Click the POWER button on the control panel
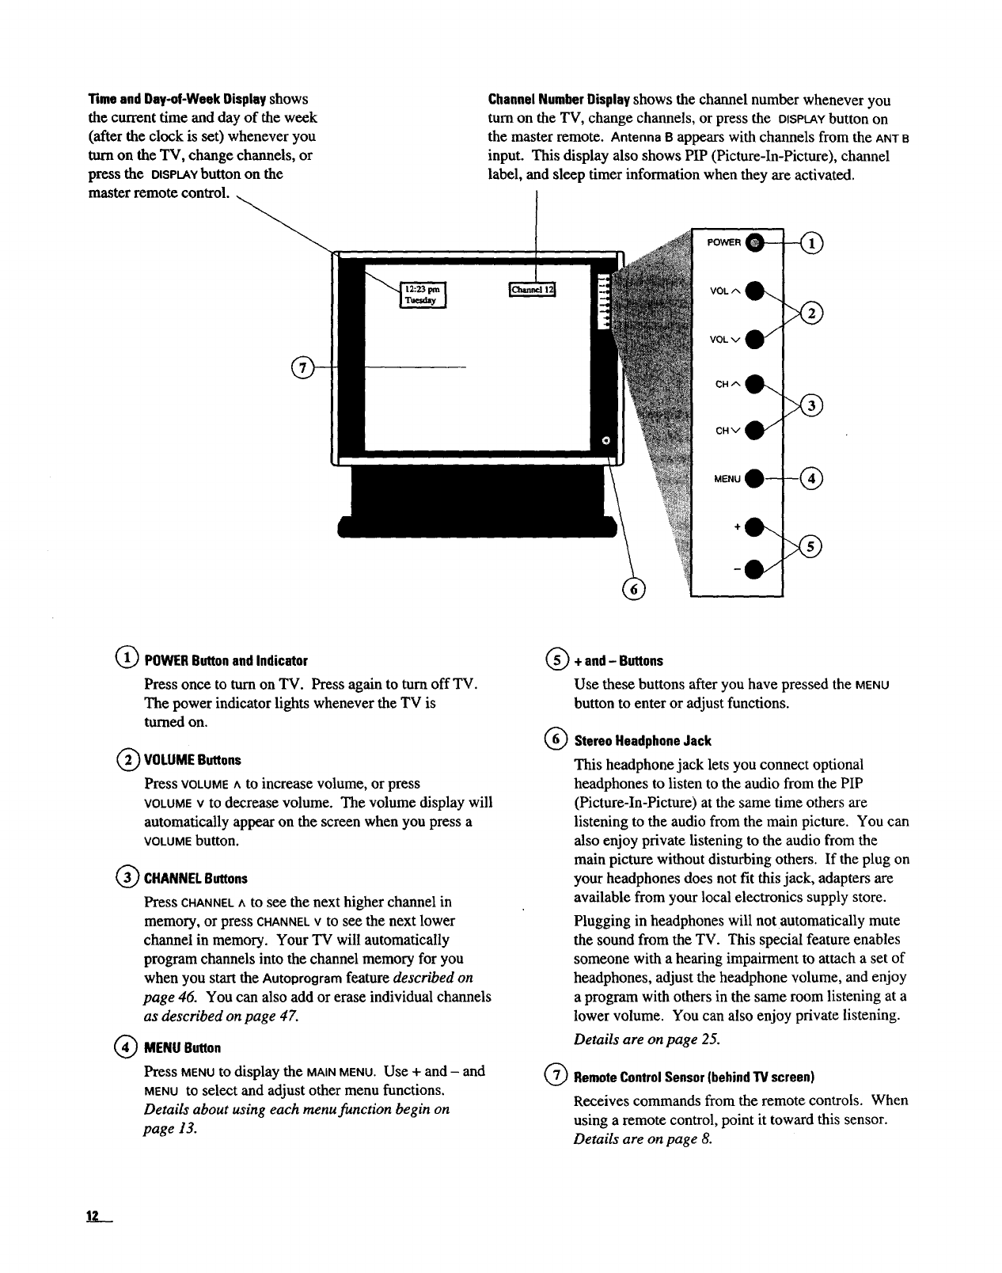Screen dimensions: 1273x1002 click(755, 242)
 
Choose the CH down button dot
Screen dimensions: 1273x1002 click(757, 430)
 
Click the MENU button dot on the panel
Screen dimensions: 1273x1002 click(757, 477)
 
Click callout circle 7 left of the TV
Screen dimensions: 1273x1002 click(302, 368)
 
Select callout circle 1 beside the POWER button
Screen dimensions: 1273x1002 click(813, 242)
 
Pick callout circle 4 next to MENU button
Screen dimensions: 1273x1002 click(813, 477)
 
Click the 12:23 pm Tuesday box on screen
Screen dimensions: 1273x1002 click(423, 294)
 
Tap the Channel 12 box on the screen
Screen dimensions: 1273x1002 click(533, 290)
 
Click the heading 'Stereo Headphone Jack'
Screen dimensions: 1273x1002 click(643, 741)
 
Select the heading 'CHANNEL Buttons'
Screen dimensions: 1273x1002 click(195, 879)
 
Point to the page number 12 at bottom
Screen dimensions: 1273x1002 click(93, 1217)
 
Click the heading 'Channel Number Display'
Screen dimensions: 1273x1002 click(559, 101)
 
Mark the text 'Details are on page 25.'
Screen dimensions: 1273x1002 click(647, 1039)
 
